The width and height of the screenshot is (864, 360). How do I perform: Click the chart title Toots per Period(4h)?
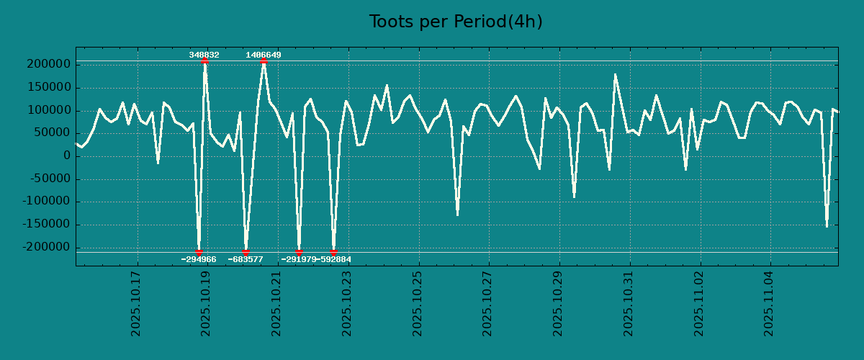coord(456,22)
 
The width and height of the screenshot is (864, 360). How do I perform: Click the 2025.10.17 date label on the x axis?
coord(136,304)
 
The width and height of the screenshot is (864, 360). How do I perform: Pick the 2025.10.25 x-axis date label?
coord(418,304)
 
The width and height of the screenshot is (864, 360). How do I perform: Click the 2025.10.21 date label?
coord(277,304)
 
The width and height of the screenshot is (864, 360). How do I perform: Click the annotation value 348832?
coord(204,55)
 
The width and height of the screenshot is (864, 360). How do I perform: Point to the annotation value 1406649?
coord(264,55)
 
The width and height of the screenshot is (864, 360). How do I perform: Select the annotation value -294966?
coord(199,259)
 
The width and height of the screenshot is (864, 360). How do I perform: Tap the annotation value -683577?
coord(246,259)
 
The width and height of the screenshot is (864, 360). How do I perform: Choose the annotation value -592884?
coord(334,259)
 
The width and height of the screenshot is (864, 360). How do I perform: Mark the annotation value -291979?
coord(298,259)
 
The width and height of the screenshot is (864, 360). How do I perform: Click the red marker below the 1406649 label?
coord(264,61)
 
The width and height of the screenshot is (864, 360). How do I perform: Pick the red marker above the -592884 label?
coord(333,252)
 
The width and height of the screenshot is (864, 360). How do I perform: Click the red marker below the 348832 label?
coord(204,61)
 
